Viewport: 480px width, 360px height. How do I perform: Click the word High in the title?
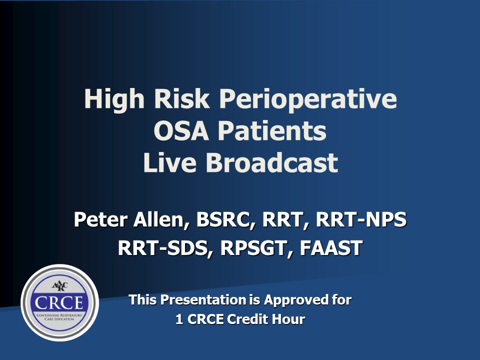(x=114, y=99)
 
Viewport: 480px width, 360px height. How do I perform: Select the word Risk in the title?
(x=182, y=98)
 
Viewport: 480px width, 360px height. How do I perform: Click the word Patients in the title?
(x=272, y=130)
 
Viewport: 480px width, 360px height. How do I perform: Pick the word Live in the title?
(x=169, y=162)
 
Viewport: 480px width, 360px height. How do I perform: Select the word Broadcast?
(x=272, y=162)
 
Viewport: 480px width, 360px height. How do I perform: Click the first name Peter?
(x=100, y=219)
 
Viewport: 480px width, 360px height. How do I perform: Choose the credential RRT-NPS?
(x=361, y=219)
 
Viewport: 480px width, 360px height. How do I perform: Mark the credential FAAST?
(x=331, y=247)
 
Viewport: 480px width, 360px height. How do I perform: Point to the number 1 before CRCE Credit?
(x=179, y=319)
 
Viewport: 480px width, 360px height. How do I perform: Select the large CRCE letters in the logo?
(x=59, y=303)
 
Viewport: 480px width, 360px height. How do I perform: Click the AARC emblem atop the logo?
(x=59, y=286)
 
